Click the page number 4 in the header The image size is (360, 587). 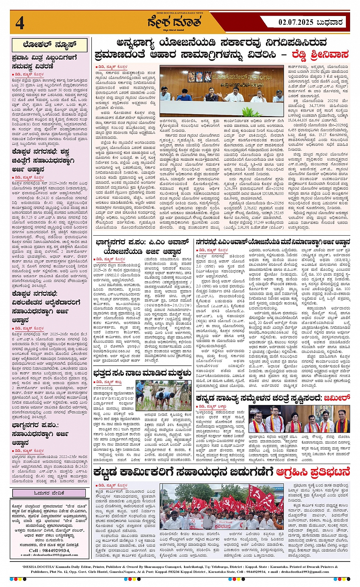pos(20,23)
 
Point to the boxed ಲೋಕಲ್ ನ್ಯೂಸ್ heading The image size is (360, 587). pos(50,45)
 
